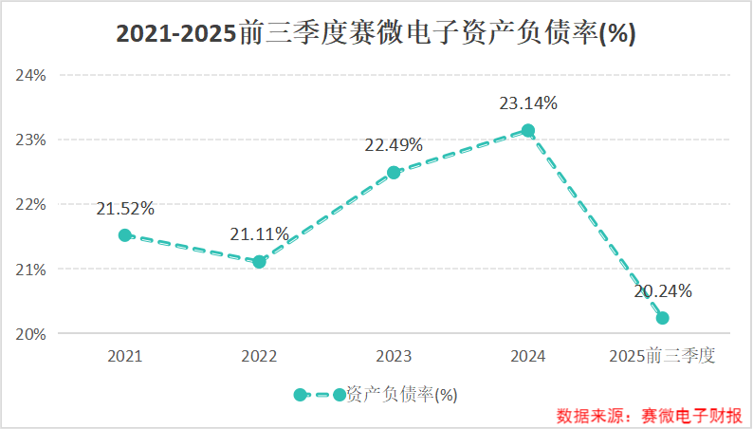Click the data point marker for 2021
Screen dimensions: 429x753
coord(125,235)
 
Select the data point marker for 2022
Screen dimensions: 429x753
coord(260,261)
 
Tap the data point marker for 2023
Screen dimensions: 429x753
coord(394,173)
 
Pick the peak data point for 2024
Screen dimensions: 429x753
coord(528,131)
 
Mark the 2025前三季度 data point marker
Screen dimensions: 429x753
coord(662,318)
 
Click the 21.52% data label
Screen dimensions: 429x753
coord(125,209)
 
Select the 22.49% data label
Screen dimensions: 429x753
coord(394,145)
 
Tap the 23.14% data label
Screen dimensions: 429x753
coord(528,103)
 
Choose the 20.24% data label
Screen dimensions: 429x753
coord(663,291)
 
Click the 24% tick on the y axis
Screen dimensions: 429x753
coord(31,75)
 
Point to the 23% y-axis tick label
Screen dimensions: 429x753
coord(31,140)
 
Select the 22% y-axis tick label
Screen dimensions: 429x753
coord(31,204)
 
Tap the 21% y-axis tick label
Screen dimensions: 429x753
coord(31,270)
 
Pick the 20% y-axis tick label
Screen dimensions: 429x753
coord(31,334)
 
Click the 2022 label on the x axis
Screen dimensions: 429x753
coord(260,357)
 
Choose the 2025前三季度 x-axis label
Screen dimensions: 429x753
coord(662,357)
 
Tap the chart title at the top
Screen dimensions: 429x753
coord(376,33)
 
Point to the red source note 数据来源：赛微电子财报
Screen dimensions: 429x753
coord(650,416)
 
